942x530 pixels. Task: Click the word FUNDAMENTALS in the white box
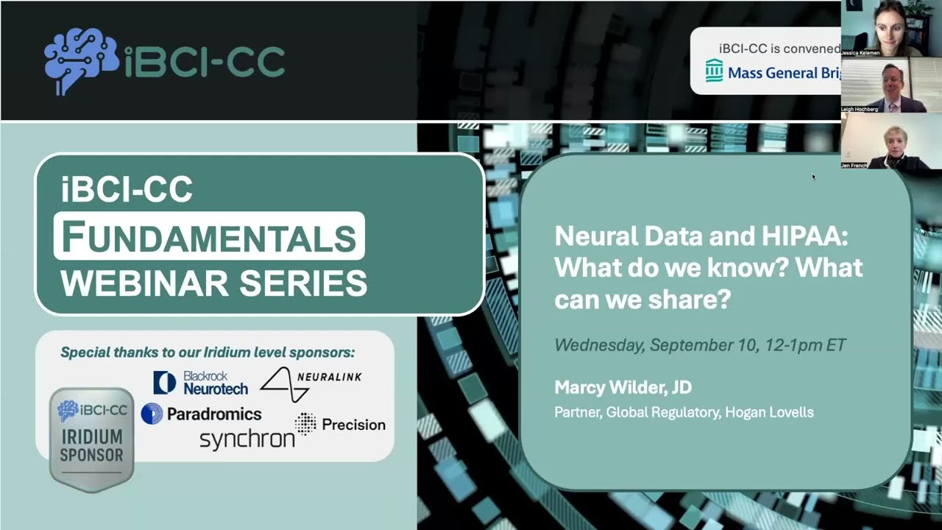[209, 236]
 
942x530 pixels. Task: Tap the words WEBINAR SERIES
[213, 283]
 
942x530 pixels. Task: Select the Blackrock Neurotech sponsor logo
[201, 383]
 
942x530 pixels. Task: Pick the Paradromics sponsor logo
[202, 414]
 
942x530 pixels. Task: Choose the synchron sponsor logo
[247, 439]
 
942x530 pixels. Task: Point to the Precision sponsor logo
[340, 424]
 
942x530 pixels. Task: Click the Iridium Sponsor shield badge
[91, 438]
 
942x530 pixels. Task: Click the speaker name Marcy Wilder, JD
[623, 388]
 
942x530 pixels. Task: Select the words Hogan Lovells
[769, 412]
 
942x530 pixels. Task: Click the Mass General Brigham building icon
[714, 71]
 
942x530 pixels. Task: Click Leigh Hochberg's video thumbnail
[882, 85]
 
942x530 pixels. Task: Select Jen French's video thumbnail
[882, 141]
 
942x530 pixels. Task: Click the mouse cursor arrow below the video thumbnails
[813, 177]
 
